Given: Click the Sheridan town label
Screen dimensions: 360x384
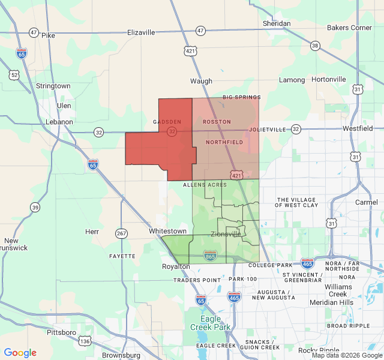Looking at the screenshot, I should click(x=277, y=23).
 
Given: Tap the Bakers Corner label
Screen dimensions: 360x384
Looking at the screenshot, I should click(x=349, y=28).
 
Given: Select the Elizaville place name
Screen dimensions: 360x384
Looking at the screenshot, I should click(x=141, y=32).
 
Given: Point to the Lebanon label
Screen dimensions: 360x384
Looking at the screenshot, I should click(x=59, y=122).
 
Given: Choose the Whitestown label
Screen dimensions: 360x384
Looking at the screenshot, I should click(x=167, y=231).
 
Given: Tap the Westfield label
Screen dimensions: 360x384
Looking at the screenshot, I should click(x=358, y=128).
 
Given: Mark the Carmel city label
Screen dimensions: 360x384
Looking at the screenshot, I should click(x=367, y=202).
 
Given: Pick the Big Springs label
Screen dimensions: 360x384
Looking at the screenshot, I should click(x=241, y=97).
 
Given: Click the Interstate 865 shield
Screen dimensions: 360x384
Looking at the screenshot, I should click(x=210, y=256).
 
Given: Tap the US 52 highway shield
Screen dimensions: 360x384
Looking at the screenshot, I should click(x=14, y=74).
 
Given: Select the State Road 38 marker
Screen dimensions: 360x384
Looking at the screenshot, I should click(x=315, y=46).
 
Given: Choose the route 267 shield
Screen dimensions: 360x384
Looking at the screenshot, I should click(x=122, y=233).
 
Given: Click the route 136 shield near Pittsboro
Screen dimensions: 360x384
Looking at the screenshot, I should click(x=85, y=341).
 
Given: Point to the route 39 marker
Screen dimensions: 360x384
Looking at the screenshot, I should click(x=35, y=207).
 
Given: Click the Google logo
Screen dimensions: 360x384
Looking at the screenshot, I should click(x=20, y=353).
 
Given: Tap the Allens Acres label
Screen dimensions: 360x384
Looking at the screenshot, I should click(x=205, y=185).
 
